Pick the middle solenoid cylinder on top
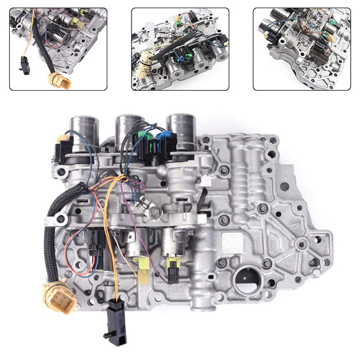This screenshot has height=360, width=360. (129, 130)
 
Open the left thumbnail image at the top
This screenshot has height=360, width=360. (58, 49)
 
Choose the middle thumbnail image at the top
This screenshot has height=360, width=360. (179, 49)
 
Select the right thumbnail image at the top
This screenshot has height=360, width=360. (302, 49)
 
